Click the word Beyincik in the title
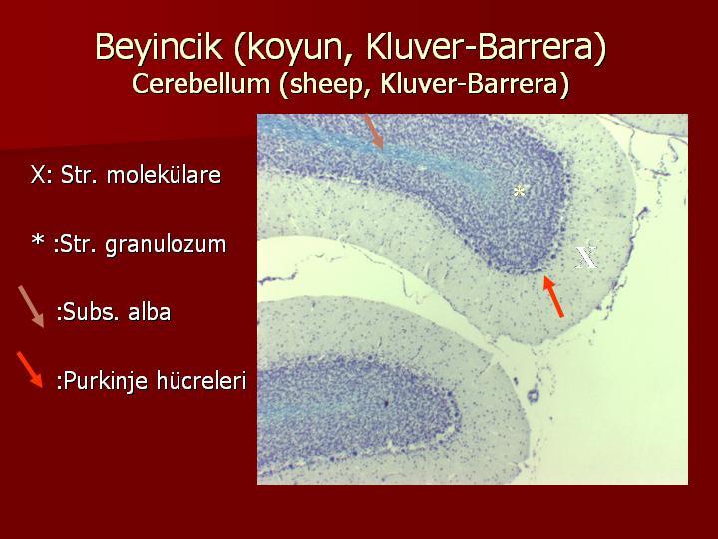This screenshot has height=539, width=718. [x=159, y=46]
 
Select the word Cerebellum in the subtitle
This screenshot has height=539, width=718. [x=200, y=84]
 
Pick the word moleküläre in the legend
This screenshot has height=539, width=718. [x=164, y=175]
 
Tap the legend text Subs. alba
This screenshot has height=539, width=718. [x=113, y=312]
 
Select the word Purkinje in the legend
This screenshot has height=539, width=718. [x=102, y=381]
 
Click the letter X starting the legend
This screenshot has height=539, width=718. [x=38, y=175]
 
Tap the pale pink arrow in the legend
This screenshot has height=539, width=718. [x=31, y=307]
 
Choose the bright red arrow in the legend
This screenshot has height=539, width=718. [x=30, y=370]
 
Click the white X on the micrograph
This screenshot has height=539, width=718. [x=586, y=257]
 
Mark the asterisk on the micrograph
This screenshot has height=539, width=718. [x=519, y=192]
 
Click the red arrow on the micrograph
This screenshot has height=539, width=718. [x=553, y=296]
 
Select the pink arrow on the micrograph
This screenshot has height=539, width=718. [x=373, y=131]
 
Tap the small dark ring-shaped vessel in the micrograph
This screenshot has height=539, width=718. [x=533, y=396]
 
